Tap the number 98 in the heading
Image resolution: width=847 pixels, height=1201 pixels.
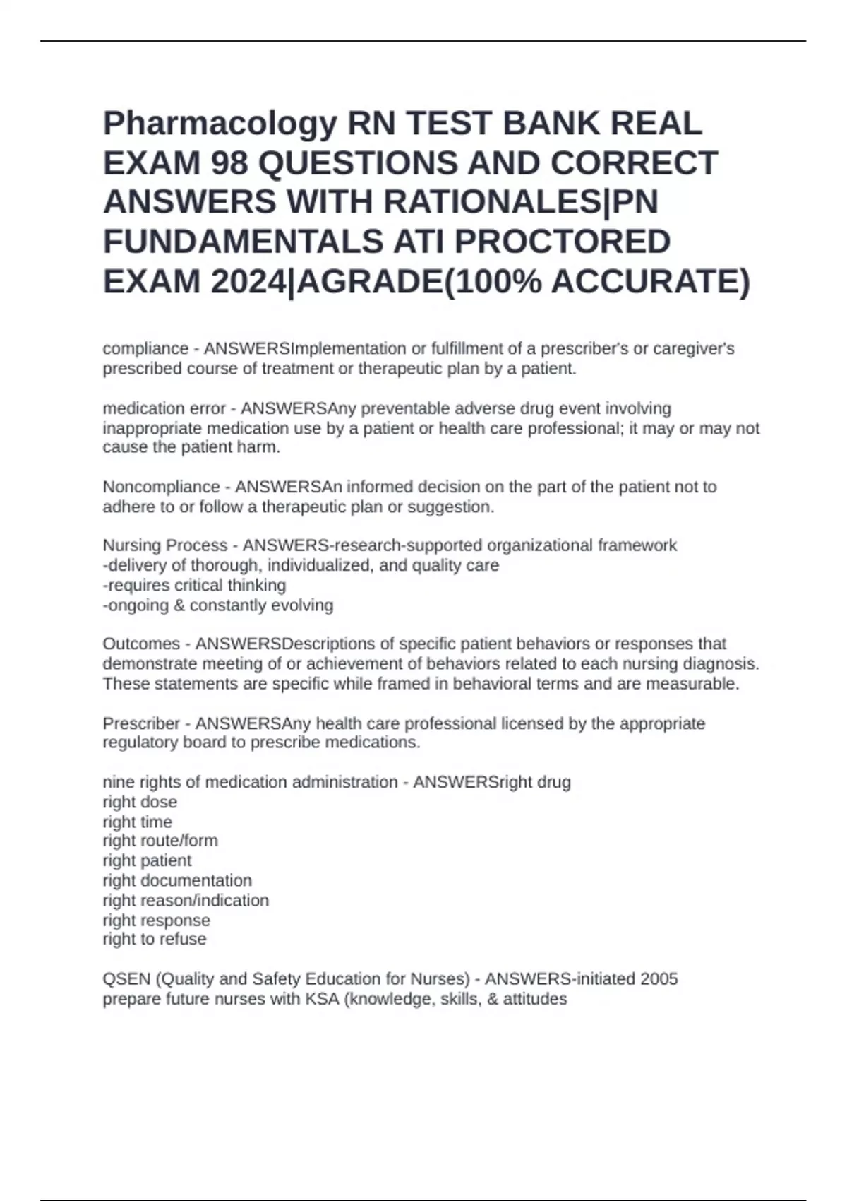coord(229,164)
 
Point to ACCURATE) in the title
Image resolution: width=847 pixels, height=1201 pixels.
coord(650,282)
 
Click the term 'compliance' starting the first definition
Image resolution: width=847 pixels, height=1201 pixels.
coord(145,349)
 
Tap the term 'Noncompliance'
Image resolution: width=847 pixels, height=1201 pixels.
coord(161,487)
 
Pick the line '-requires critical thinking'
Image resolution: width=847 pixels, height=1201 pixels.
coord(194,586)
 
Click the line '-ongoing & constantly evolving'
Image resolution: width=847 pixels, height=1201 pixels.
coord(218,605)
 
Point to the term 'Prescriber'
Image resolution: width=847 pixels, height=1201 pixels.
coord(141,724)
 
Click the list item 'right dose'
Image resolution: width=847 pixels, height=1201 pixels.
coord(140,803)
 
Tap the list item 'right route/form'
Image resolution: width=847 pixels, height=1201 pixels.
coord(160,841)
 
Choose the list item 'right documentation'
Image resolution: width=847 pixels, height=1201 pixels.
coord(177,881)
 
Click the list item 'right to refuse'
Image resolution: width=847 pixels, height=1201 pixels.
coord(155,940)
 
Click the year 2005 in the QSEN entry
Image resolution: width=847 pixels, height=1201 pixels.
coord(659,979)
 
